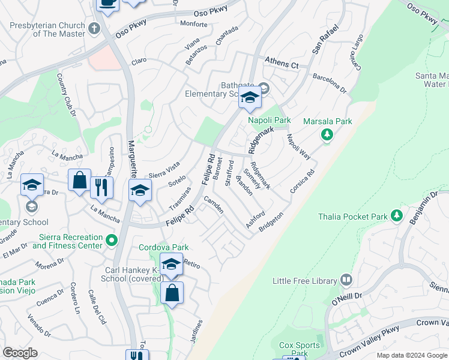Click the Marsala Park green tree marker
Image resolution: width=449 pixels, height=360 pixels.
pos(327,135)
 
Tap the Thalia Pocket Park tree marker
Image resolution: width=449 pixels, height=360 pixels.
pos(396,215)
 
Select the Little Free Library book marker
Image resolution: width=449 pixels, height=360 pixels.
pos(346,280)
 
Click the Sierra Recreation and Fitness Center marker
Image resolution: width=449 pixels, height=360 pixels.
pos(111,241)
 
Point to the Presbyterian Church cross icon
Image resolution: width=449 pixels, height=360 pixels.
pos(94,28)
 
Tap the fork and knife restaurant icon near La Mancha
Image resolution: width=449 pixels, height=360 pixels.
pos(102,188)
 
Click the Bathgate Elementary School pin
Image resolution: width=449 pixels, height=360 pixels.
pos(249,98)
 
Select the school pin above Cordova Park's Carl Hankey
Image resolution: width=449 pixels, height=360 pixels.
pos(171,265)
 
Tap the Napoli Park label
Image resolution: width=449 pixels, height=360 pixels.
pos(270,120)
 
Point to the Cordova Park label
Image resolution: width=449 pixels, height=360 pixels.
pos(164,247)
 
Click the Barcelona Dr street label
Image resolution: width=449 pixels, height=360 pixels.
pos(330,83)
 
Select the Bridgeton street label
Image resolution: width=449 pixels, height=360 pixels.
pos(271,222)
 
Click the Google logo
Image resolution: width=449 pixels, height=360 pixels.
pos(20,352)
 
